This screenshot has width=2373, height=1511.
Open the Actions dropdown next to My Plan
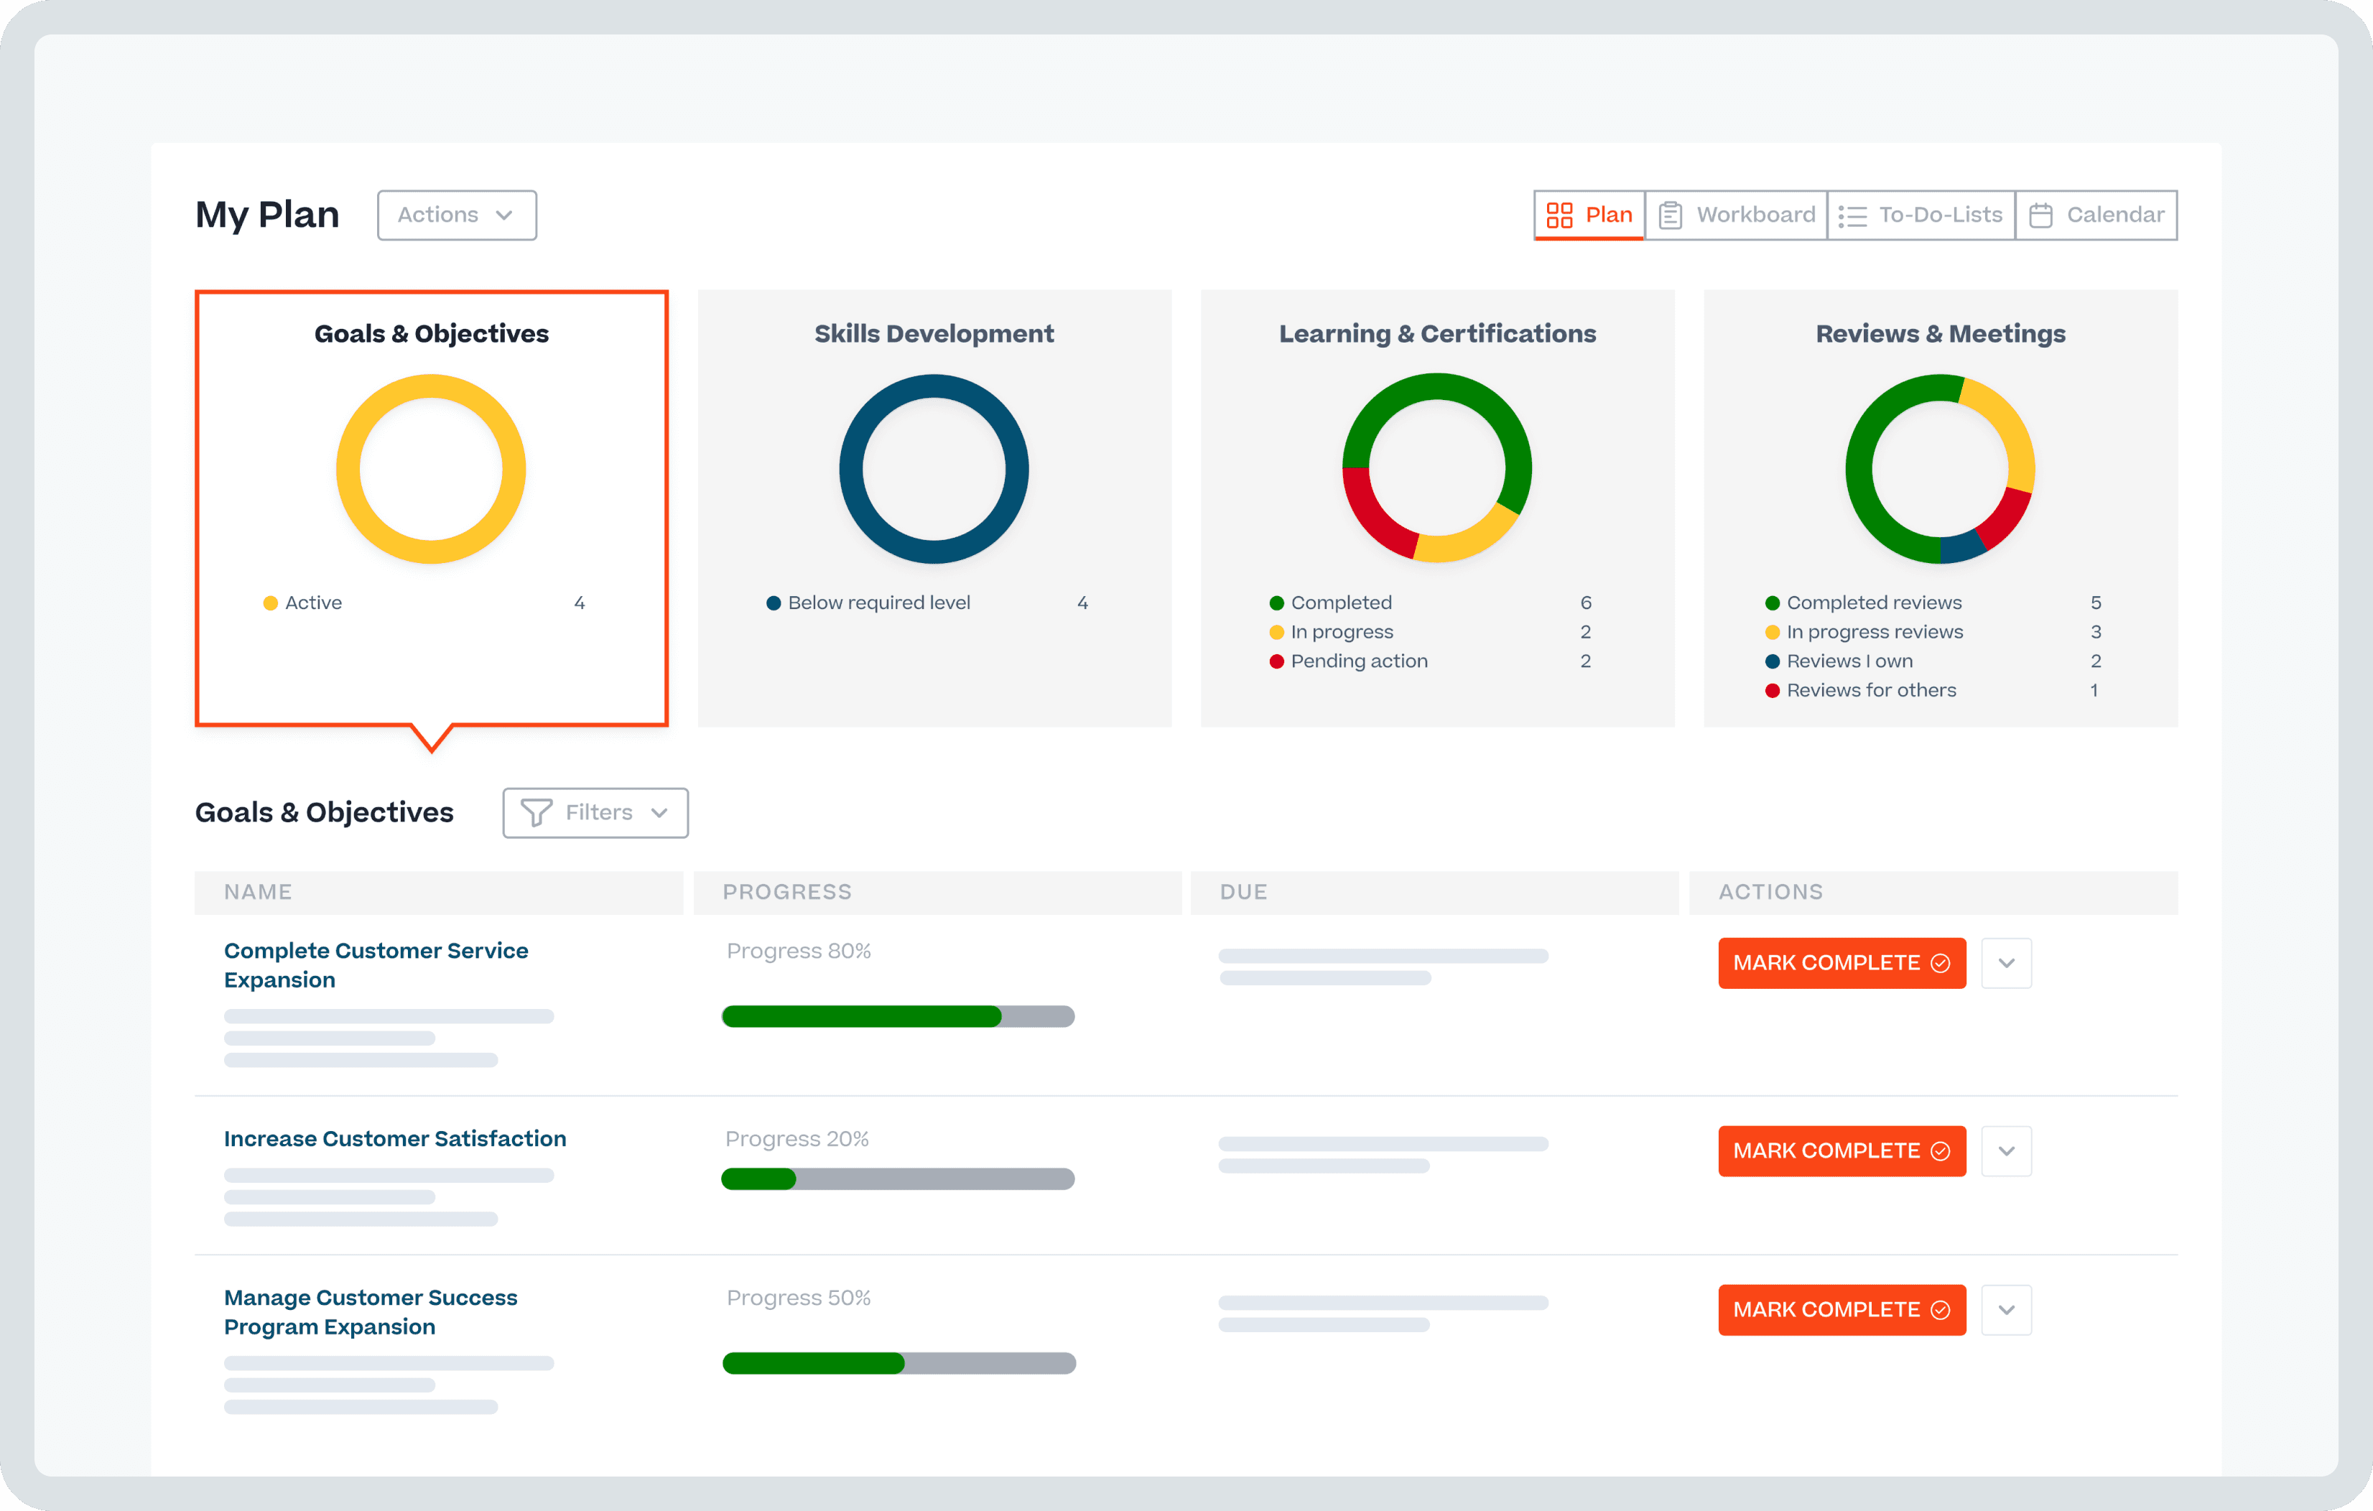point(456,215)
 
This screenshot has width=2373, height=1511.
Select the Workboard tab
point(1737,215)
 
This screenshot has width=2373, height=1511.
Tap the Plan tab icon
point(1559,215)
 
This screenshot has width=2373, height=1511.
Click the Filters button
point(595,812)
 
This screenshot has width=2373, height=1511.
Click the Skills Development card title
point(933,334)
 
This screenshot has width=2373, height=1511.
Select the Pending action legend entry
point(1358,661)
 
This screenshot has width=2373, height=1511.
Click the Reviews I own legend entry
point(1849,661)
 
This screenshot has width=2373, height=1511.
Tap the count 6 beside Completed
point(1586,603)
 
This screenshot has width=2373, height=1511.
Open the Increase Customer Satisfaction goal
point(394,1138)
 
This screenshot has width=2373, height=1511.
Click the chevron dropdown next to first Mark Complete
point(2007,963)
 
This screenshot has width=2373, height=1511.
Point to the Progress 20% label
point(797,1138)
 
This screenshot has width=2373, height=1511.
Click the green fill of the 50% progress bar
point(813,1363)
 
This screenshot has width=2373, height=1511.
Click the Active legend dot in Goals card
point(270,603)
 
